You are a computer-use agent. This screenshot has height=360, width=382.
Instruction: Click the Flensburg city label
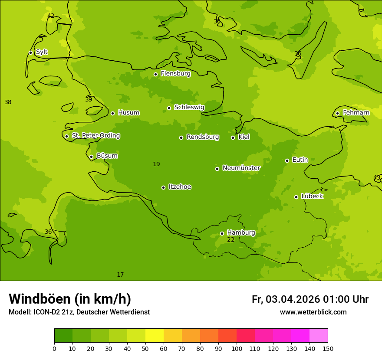coord(175,74)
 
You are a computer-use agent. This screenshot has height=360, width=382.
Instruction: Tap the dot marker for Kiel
coord(233,137)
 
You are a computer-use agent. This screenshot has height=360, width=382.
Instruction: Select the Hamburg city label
coord(241,232)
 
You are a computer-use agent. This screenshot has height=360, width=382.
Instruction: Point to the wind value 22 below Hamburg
coord(231,240)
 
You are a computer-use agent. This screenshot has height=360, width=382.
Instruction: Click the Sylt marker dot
coord(30,52)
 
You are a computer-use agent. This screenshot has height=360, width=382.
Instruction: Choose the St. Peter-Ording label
coord(95,136)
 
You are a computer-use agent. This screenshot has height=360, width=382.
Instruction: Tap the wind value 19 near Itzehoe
coord(156,164)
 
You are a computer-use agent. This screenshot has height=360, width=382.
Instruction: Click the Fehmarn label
coord(356,113)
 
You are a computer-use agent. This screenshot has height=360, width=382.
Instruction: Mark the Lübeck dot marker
coord(296,197)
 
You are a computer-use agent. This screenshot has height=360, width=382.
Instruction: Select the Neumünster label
coord(241,168)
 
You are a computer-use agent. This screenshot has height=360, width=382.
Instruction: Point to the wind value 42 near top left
coord(51,16)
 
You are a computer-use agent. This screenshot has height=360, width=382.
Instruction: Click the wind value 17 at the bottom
coord(120,275)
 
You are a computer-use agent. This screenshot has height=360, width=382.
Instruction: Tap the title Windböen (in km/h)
coord(70,299)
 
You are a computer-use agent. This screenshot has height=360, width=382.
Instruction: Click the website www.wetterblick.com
coord(313,312)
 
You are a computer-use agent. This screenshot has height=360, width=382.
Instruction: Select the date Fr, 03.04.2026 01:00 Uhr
coord(310,299)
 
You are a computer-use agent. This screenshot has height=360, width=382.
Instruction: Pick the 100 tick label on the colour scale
coord(237,348)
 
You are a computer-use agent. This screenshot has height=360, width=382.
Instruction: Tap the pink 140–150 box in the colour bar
coord(319,336)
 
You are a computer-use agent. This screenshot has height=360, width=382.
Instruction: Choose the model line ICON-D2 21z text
coord(79,312)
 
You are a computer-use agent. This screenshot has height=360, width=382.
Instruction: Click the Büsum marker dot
coord(91,157)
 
